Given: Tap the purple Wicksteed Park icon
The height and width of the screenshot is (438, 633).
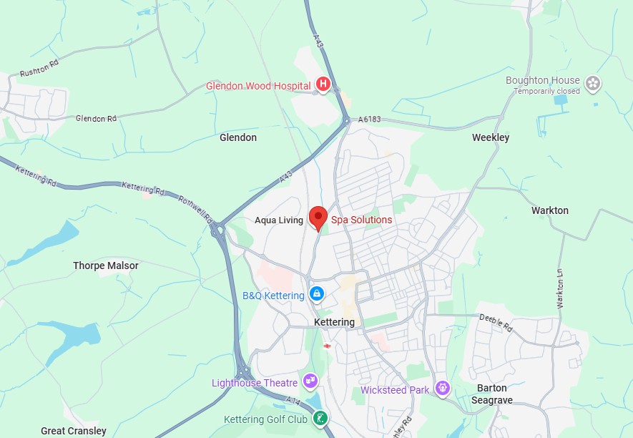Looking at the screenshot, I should (x=443, y=389).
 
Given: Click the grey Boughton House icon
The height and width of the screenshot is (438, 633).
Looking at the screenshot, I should (x=592, y=84).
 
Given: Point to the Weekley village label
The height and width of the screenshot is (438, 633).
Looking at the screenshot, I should (x=491, y=137).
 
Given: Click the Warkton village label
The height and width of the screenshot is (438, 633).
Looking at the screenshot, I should (x=549, y=210).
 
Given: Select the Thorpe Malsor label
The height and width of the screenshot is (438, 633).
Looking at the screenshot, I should (x=106, y=266).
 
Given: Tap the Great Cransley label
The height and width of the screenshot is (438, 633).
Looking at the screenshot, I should (x=74, y=431).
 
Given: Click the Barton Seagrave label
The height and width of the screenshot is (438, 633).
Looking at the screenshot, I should (x=492, y=394).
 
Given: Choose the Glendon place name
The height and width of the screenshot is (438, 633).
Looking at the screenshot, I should (x=238, y=137).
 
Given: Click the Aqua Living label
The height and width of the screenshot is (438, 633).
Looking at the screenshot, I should (x=279, y=220).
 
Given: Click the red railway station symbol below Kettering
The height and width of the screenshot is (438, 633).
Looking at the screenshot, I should (x=327, y=346).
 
